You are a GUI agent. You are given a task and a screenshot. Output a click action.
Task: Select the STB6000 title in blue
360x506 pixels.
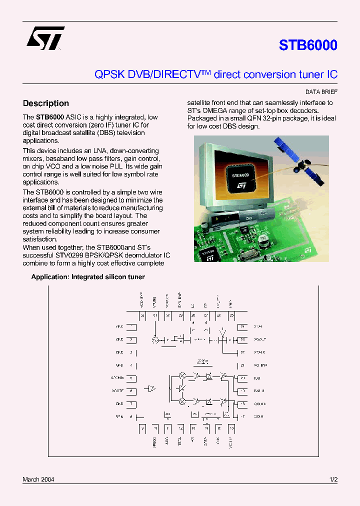pos(308,45)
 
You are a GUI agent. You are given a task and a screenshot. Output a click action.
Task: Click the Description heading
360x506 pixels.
pos(46,103)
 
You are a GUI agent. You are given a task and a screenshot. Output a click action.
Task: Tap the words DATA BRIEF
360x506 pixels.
pos(321,92)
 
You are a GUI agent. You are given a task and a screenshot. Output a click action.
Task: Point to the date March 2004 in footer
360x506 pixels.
pos(38,479)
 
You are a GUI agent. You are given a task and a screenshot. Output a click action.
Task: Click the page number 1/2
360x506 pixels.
pos(333,479)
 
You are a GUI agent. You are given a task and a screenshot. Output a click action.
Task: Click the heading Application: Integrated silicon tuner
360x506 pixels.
pos(88,276)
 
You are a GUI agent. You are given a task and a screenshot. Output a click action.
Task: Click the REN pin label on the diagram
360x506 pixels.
pos(119,416)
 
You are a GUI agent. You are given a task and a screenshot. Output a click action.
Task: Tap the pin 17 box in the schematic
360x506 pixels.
pos(242,416)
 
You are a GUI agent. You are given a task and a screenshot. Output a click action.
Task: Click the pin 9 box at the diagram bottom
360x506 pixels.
pos(142,428)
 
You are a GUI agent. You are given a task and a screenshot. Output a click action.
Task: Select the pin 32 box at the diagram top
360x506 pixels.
pos(142,315)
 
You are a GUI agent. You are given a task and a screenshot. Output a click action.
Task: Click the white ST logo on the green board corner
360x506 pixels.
pos(307,248)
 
